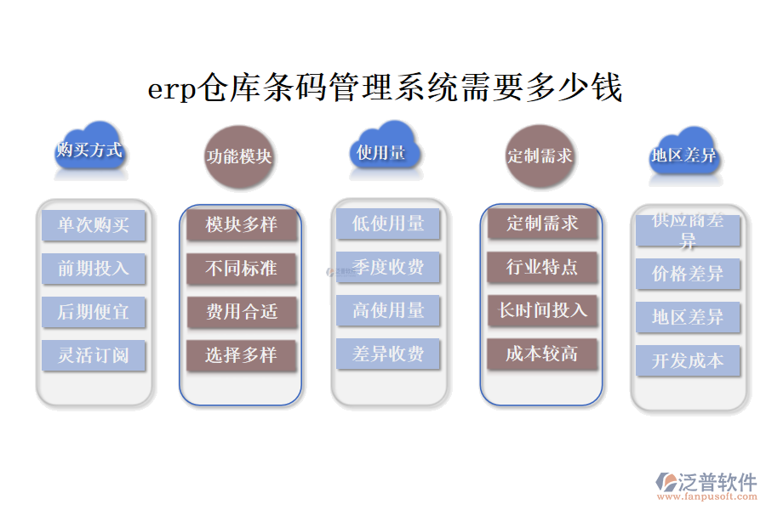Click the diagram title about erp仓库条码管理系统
coord(385,88)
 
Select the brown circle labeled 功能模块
coord(239,156)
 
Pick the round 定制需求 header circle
coord(540,156)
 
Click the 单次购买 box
coord(94,225)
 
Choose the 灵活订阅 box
coord(94,355)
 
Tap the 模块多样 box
coord(242,225)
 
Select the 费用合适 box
coord(242,312)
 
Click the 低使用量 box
coord(388,224)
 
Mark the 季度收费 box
coord(388,268)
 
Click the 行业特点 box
coord(542,267)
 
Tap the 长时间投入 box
coord(542,310)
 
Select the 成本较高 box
coord(542,354)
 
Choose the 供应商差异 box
coord(688,230)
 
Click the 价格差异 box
coord(688,275)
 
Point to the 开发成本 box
coord(688,360)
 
